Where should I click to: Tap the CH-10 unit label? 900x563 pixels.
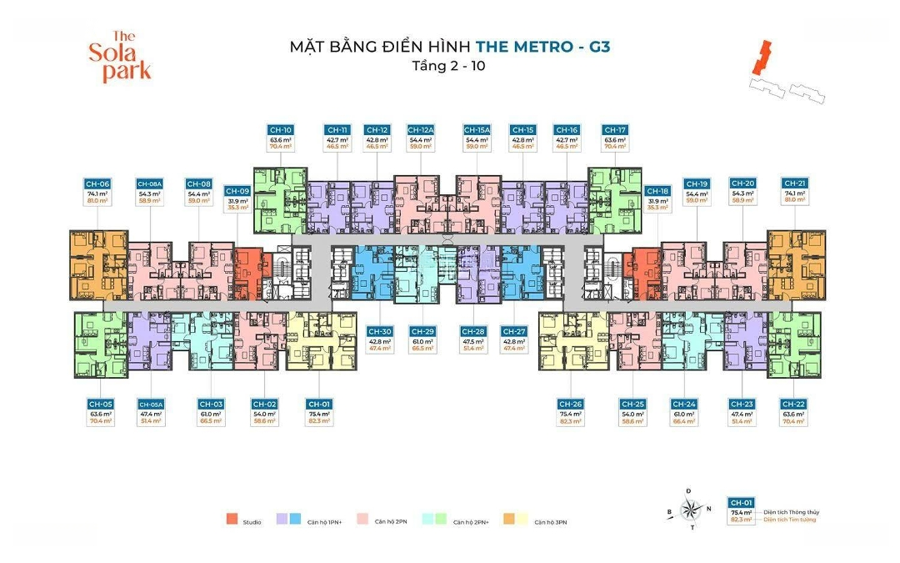point(280,130)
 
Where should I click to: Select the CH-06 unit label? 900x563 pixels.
point(97,183)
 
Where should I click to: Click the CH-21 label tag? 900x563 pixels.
point(794,183)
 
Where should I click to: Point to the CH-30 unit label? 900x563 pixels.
point(379,331)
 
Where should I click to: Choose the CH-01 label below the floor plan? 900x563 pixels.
point(319,405)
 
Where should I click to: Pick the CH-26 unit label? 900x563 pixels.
point(571,405)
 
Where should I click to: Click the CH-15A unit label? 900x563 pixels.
point(477,130)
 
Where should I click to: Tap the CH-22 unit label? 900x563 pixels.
point(794,405)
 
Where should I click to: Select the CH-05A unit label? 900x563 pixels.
point(151,405)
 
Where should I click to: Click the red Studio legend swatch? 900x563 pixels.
point(231,520)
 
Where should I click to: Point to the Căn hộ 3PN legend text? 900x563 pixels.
point(551,521)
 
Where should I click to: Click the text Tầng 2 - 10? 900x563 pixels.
point(449,66)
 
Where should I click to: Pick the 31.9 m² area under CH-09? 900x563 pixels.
point(237,200)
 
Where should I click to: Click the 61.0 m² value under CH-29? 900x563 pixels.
point(423,341)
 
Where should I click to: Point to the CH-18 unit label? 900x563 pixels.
point(657,191)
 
